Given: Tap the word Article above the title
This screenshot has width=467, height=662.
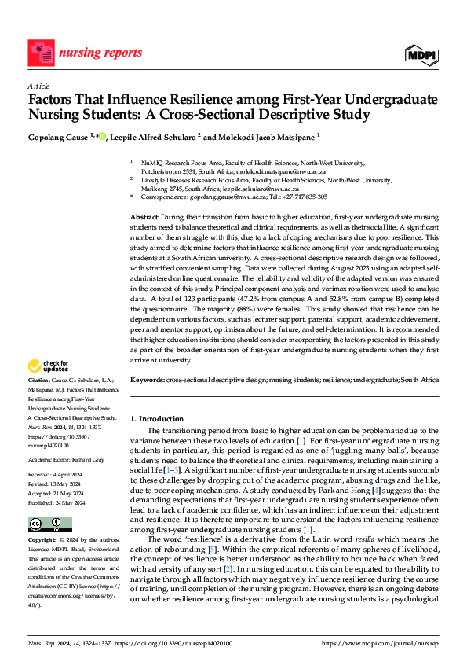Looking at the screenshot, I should [x=38, y=86].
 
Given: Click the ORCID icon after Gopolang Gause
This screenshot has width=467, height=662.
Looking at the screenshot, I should [x=103, y=135].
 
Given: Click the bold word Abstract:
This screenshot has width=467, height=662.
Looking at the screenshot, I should [x=144, y=216].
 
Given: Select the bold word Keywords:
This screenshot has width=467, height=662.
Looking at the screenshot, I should [x=147, y=380].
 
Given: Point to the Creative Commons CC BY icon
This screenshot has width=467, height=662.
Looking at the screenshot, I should [x=49, y=524].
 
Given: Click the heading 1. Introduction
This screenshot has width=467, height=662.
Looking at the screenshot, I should [x=157, y=419].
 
